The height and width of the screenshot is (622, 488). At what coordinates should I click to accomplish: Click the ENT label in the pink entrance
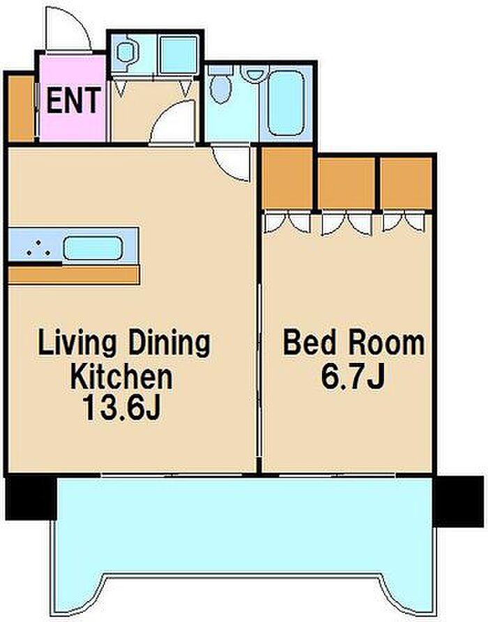(73, 101)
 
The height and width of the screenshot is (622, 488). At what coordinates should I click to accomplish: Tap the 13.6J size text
(121, 408)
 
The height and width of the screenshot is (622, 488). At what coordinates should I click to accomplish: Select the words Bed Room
(353, 343)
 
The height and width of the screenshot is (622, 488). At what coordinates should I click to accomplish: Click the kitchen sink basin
(92, 249)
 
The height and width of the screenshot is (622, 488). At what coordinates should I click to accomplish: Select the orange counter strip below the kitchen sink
(74, 275)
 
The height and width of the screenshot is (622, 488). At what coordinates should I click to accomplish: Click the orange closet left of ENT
(21, 108)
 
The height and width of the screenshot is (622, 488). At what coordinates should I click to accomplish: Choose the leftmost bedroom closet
(287, 178)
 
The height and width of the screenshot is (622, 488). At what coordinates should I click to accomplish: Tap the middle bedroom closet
(347, 183)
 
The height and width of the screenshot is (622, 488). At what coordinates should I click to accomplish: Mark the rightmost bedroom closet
(406, 183)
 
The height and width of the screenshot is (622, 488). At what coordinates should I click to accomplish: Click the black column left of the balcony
(31, 498)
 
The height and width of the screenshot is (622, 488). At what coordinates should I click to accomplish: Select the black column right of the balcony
(458, 501)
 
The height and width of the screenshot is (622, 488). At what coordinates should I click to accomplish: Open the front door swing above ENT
(67, 30)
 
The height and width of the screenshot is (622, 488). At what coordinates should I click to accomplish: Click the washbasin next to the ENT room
(126, 52)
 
